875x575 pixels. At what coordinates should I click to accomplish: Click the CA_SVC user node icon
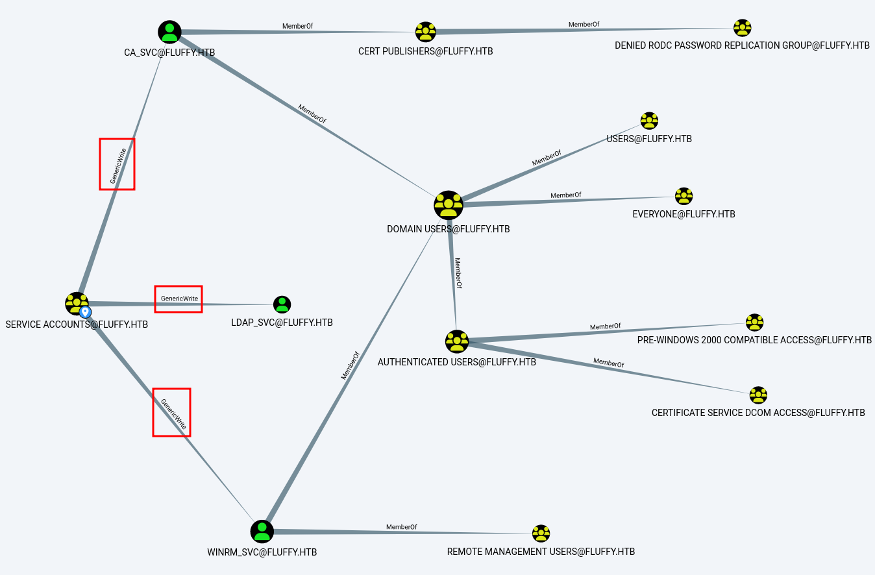click(x=169, y=32)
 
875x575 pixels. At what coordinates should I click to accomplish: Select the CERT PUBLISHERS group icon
click(x=426, y=32)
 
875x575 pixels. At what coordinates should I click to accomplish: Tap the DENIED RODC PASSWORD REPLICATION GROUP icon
click(x=742, y=28)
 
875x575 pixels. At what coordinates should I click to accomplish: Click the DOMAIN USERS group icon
click(x=448, y=205)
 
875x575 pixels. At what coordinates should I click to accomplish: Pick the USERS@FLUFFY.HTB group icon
click(x=649, y=121)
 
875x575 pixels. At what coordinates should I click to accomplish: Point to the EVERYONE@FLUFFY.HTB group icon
click(x=684, y=196)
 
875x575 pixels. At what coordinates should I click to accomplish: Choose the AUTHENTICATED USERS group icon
click(x=457, y=341)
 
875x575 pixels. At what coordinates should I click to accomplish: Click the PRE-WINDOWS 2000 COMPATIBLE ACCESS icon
click(x=754, y=323)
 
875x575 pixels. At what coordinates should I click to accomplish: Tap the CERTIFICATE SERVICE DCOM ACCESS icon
click(x=758, y=395)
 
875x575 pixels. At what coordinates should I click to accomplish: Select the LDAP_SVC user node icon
click(x=282, y=304)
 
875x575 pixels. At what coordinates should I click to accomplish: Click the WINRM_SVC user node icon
click(x=262, y=532)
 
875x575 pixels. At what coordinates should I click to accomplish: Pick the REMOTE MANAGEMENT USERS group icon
click(x=541, y=534)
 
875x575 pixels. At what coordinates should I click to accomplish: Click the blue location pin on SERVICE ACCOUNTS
click(x=86, y=312)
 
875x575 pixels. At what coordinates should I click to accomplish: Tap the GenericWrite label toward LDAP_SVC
click(x=179, y=299)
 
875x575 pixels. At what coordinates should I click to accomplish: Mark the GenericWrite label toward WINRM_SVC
click(x=173, y=414)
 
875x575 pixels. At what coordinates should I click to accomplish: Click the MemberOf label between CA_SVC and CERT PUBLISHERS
click(x=298, y=27)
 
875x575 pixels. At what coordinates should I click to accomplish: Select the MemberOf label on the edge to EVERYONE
click(x=566, y=195)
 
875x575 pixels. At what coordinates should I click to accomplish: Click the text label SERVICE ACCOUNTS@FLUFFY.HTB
click(x=77, y=324)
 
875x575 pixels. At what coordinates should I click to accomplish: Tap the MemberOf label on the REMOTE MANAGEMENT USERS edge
click(x=402, y=527)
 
